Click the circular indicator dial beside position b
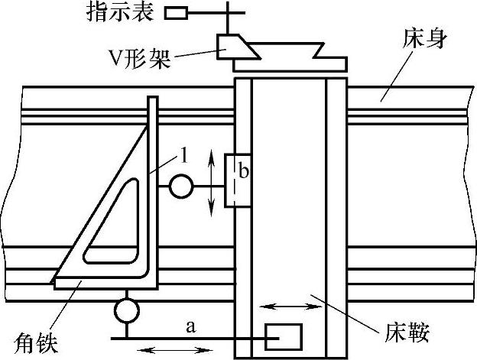(x=181, y=186)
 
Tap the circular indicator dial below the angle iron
(x=125, y=311)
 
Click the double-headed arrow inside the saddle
(x=291, y=307)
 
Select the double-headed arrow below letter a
(x=177, y=350)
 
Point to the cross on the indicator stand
(x=227, y=13)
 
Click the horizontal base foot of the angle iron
(x=107, y=284)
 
